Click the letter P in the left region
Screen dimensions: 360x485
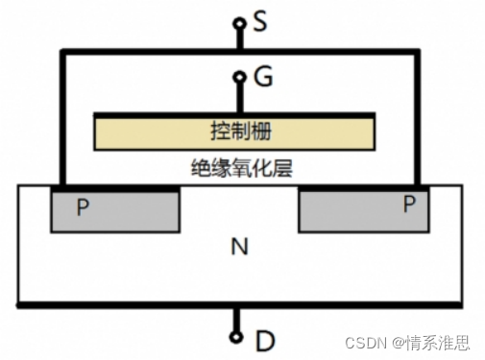[83, 206]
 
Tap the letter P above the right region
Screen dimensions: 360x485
[409, 203]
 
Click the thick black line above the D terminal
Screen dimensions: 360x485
[144, 305]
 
